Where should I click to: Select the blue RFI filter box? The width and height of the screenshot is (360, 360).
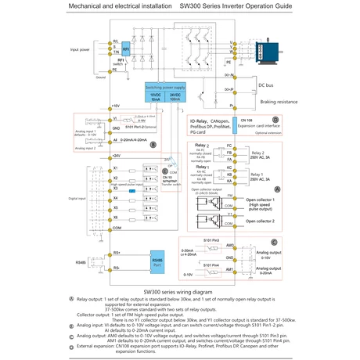(126, 49)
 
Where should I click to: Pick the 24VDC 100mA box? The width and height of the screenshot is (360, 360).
(178, 97)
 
